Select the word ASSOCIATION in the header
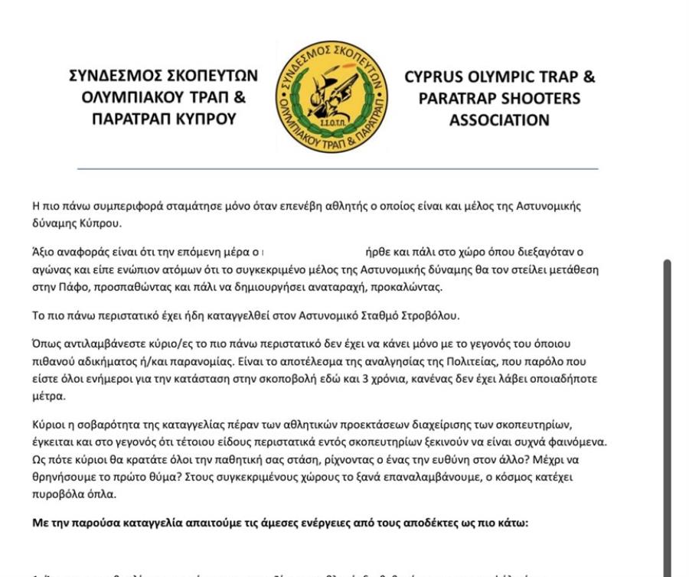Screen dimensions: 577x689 (x=499, y=120)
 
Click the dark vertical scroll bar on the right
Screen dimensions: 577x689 (x=668, y=413)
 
